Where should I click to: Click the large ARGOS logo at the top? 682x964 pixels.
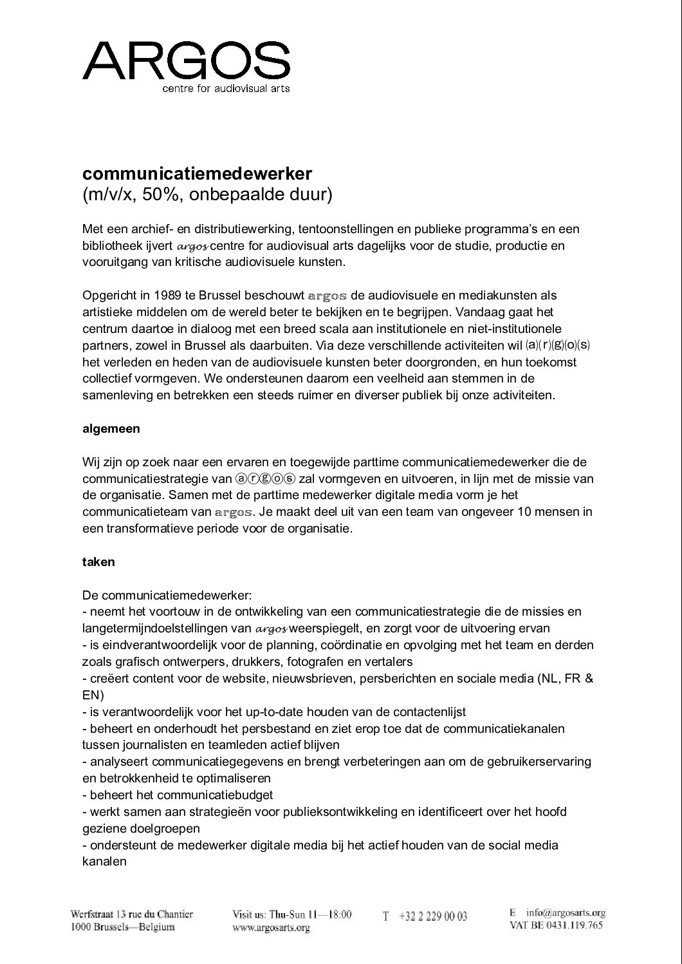tap(186, 60)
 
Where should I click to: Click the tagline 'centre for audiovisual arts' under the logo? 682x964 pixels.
tap(226, 88)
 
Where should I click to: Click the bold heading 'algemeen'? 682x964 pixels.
tap(111, 428)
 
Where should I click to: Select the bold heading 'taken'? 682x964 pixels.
tap(98, 562)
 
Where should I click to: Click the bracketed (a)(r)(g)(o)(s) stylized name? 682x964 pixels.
tap(557, 345)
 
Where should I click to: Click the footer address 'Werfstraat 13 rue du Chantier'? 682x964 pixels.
tap(132, 914)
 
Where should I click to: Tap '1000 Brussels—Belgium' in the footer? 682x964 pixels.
tap(122, 927)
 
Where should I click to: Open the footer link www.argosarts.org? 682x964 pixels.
tap(271, 928)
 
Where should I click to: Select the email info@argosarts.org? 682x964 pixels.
tap(566, 912)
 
